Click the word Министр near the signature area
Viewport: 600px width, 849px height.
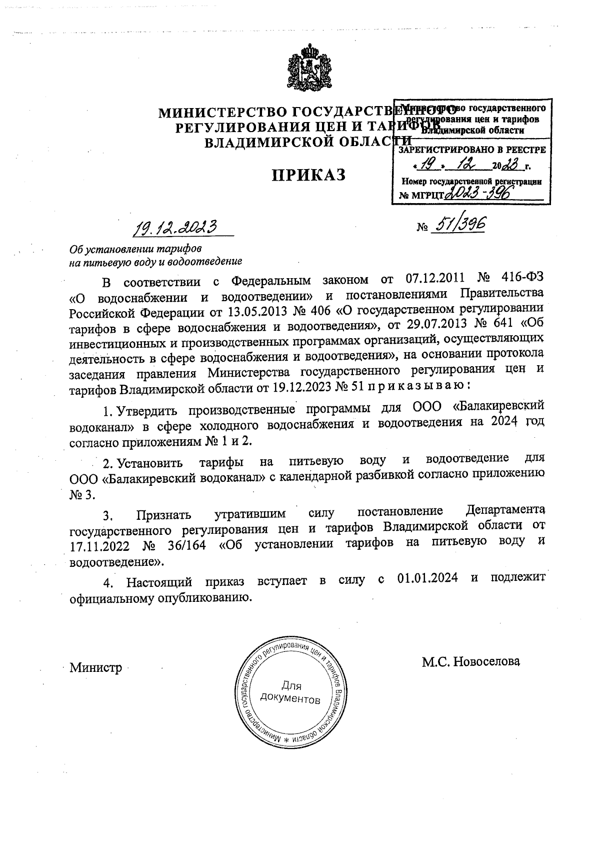tap(96, 668)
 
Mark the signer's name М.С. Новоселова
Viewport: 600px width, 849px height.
tap(471, 661)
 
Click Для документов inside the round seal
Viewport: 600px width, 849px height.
tap(290, 693)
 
